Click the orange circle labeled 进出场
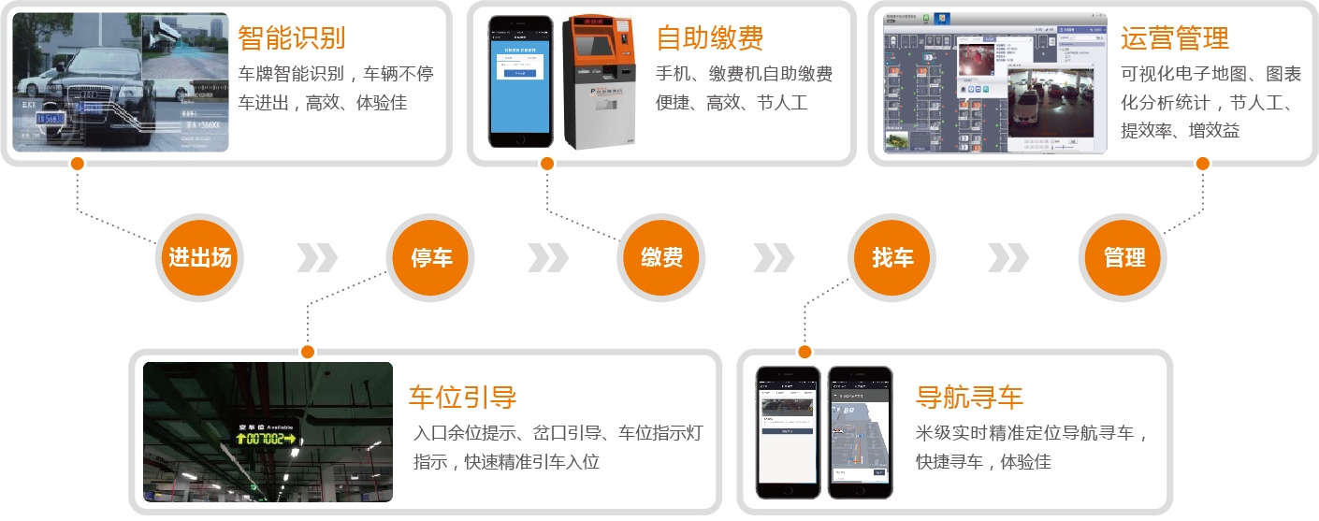pos(199,258)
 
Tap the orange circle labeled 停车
pos(431,258)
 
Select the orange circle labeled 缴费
pos(660,258)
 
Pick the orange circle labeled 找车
pos(891,258)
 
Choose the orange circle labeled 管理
pos(1123,258)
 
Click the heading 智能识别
pos(291,38)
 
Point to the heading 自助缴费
pos(709,38)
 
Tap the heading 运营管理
pos(1174,38)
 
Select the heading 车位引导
pos(462,397)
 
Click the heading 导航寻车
pos(969,397)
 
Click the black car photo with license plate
pos(120,82)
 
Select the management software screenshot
pos(994,82)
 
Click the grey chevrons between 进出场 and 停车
pos(317,258)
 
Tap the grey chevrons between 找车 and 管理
pos(1008,258)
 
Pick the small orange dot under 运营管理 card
pos(1202,164)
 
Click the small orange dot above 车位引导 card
pos(307,352)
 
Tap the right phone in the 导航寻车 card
pos(860,431)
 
